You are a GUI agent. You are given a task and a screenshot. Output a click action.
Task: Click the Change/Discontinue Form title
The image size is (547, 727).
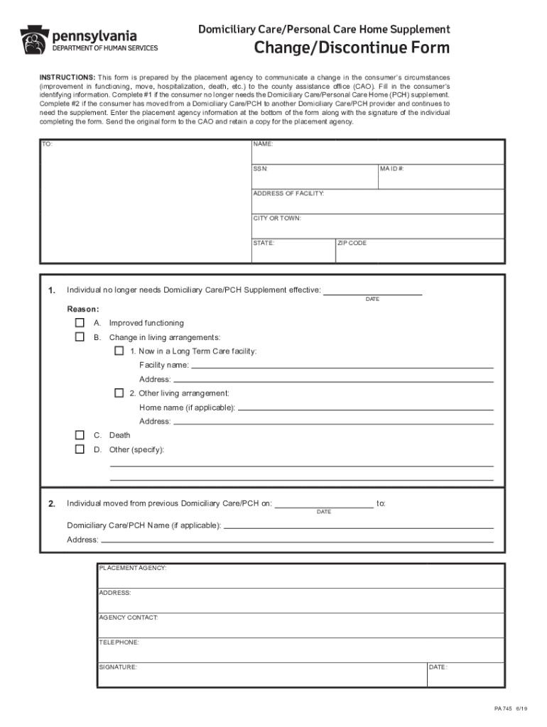(x=352, y=48)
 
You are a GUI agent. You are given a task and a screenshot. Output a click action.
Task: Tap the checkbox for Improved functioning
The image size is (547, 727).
(x=80, y=323)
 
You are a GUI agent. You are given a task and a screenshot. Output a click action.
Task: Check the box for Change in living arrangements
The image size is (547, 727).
(x=80, y=337)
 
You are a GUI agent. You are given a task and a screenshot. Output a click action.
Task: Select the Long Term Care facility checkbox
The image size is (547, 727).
(x=119, y=351)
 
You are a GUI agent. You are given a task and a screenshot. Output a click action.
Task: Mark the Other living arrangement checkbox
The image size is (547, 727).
(x=119, y=393)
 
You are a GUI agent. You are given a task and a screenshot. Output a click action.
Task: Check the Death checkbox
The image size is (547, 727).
(x=80, y=435)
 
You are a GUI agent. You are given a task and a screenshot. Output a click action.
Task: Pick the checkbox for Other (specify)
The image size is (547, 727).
(x=80, y=449)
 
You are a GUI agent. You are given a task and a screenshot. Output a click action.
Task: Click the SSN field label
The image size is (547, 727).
(x=260, y=169)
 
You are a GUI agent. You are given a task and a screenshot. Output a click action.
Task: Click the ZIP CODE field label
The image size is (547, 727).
(x=352, y=243)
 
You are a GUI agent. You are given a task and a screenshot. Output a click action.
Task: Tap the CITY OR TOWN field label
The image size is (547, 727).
(x=277, y=218)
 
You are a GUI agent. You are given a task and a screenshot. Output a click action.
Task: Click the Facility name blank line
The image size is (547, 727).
(x=342, y=366)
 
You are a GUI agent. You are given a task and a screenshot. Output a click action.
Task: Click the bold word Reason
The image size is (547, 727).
(x=83, y=309)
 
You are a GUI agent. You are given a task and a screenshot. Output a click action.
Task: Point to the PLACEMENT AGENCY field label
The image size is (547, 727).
(x=133, y=568)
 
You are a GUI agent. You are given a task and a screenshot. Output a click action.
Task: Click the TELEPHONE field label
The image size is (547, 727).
(x=119, y=642)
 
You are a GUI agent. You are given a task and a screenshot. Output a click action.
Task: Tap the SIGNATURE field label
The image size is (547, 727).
(x=118, y=667)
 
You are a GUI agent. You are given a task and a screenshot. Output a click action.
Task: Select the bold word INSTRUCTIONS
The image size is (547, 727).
(x=67, y=77)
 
